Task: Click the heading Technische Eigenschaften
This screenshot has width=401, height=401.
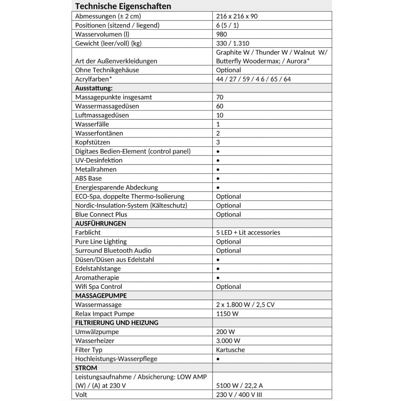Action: [123, 6]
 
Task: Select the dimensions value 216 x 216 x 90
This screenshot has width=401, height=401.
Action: [237, 16]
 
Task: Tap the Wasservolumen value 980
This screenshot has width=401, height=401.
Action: [221, 34]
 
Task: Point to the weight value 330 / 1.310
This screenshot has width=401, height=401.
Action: [232, 43]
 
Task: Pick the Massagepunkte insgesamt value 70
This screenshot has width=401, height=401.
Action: [220, 97]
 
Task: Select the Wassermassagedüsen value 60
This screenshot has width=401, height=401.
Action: [220, 106]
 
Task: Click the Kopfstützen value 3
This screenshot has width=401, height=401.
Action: [218, 142]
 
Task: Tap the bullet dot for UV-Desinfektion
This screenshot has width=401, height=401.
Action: [218, 160]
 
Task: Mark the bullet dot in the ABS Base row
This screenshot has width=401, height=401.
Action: [218, 178]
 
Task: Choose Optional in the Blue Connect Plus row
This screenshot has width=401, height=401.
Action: [228, 215]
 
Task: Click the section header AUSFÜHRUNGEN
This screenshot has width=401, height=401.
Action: [101, 224]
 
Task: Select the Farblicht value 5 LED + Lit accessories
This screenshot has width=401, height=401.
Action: [248, 233]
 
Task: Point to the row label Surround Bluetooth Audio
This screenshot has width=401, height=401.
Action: [113, 251]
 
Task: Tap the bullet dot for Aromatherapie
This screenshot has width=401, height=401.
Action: [218, 278]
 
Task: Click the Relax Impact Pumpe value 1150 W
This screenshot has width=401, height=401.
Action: [227, 314]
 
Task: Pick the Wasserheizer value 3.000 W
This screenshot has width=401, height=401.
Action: [228, 341]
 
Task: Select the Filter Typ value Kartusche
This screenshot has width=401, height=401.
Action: [230, 350]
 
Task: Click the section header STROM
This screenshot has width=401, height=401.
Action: [86, 368]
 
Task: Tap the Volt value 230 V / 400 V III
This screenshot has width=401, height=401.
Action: [239, 395]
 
